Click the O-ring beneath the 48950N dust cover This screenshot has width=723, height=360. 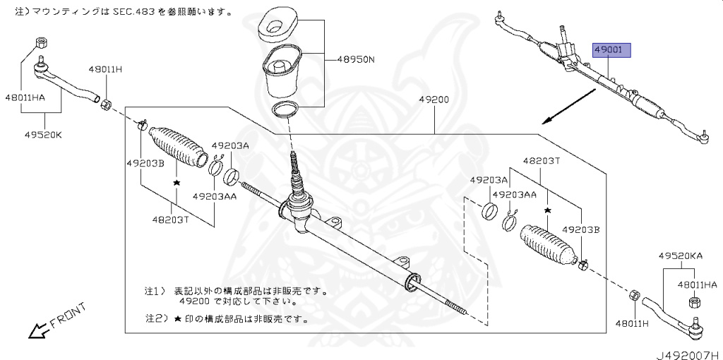[x=284, y=109]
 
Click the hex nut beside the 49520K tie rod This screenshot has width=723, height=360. [x=104, y=105]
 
